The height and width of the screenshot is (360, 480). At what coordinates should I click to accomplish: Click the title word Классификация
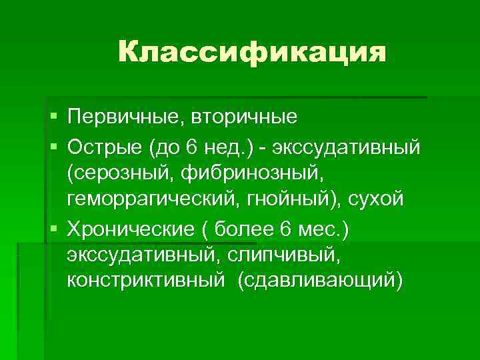point(252,51)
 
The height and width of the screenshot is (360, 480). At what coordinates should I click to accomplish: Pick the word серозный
point(119,173)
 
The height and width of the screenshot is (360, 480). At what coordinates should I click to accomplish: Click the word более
point(243,229)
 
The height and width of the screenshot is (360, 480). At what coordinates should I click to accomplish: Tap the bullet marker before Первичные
point(53,118)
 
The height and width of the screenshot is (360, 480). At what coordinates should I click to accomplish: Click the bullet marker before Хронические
point(53,230)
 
